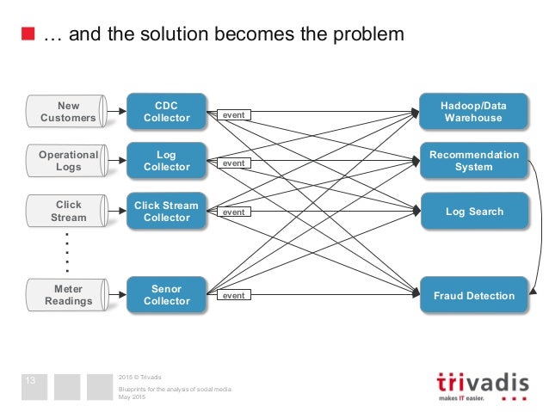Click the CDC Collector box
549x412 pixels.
[x=167, y=112]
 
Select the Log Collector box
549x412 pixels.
[x=167, y=161]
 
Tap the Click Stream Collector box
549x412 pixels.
[x=167, y=211]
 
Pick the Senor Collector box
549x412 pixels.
[x=167, y=295]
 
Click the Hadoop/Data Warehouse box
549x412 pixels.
[x=473, y=112]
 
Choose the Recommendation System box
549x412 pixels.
[x=473, y=161]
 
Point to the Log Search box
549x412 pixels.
[x=473, y=211]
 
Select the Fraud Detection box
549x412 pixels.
[x=473, y=295]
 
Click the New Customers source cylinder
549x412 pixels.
[x=68, y=112]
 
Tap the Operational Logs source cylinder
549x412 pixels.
[x=68, y=161]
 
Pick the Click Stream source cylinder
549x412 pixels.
[x=68, y=211]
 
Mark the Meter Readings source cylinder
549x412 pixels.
[x=68, y=295]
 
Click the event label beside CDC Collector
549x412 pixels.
[x=233, y=114]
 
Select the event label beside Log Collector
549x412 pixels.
[x=233, y=163]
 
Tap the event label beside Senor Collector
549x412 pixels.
[x=233, y=295]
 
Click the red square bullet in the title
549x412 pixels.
[x=28, y=35]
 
